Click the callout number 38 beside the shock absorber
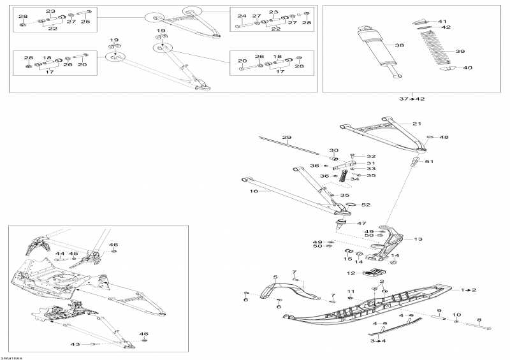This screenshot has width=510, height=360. click(400, 45)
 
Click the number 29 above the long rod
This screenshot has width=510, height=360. click(286, 138)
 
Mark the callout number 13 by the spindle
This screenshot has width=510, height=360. click(418, 240)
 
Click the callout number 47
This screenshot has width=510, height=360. click(361, 224)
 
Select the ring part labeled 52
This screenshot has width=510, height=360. click(349, 205)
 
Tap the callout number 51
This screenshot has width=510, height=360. click(429, 162)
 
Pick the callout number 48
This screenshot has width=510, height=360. click(444, 137)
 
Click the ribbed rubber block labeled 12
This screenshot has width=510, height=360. click(372, 273)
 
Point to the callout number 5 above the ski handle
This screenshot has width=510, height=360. click(276, 277)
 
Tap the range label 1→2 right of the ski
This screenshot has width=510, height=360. click(469, 290)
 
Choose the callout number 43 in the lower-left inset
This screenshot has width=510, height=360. click(75, 344)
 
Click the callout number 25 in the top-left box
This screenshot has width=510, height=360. click(85, 22)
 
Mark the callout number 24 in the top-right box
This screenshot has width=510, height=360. click(242, 16)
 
